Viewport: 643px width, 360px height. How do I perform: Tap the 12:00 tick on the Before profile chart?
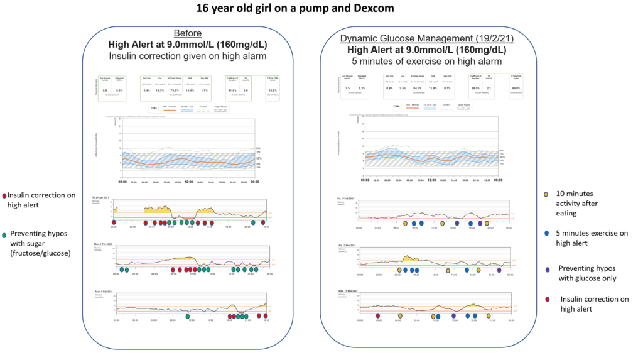point(188,182)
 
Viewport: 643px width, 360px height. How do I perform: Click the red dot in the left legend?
point(4,195)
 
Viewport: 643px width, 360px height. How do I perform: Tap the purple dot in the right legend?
point(547,269)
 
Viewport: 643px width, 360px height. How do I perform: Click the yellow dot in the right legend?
point(547,194)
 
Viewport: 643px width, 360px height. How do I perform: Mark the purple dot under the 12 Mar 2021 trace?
point(499,270)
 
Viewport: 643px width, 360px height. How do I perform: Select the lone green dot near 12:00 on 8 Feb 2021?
point(188,316)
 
